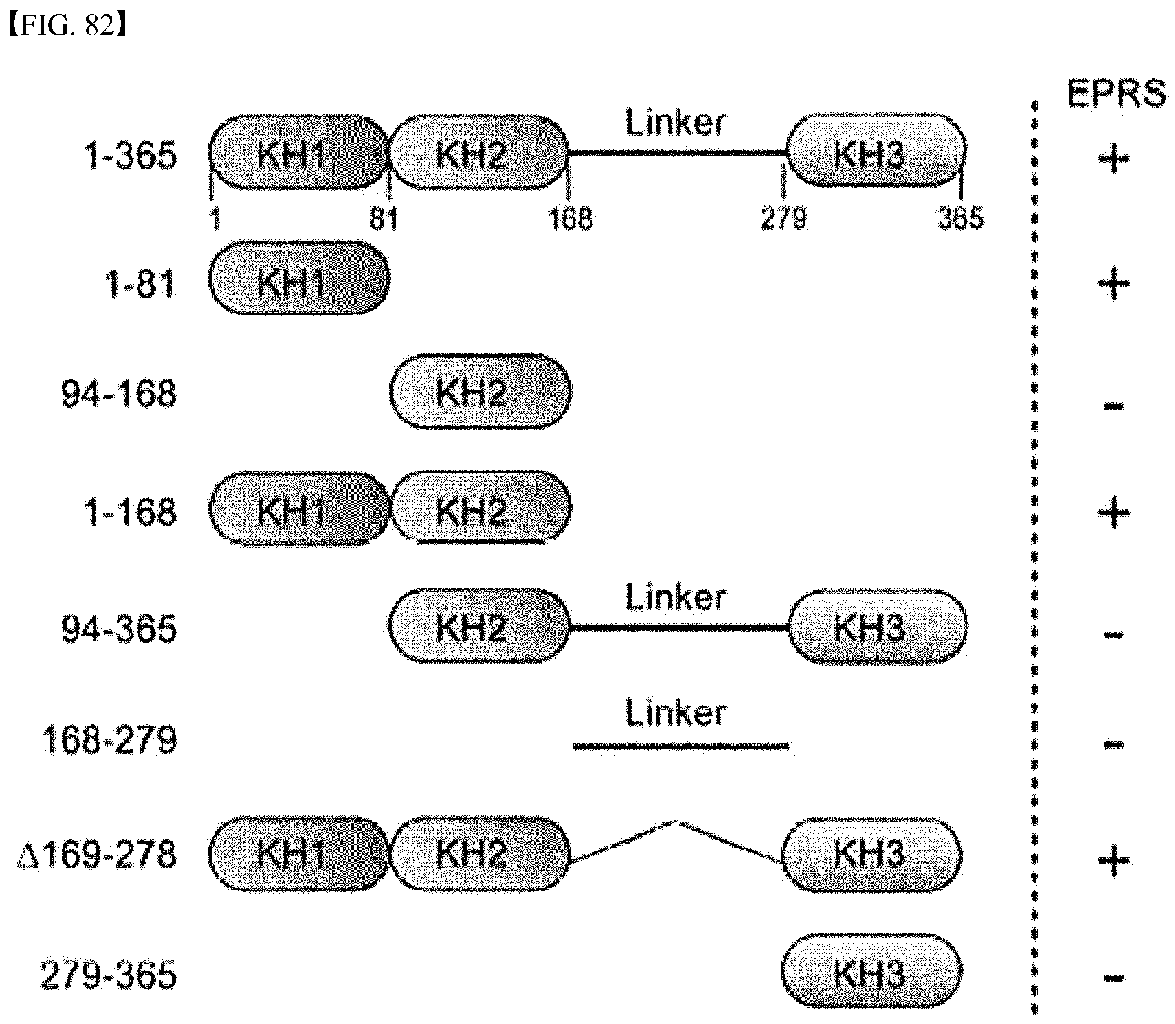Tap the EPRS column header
pyautogui.click(x=1116, y=95)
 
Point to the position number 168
pyautogui.click(x=571, y=218)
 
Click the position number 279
pyautogui.click(x=784, y=218)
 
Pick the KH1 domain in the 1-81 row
pyautogui.click(x=299, y=278)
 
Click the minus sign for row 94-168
pyautogui.click(x=1113, y=405)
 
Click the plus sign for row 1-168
pyautogui.click(x=1113, y=513)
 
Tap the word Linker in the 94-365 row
pyautogui.click(x=676, y=598)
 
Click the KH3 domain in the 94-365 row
pyautogui.click(x=877, y=626)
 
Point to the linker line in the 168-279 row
pyautogui.click(x=681, y=746)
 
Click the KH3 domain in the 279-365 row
pyautogui.click(x=872, y=971)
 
